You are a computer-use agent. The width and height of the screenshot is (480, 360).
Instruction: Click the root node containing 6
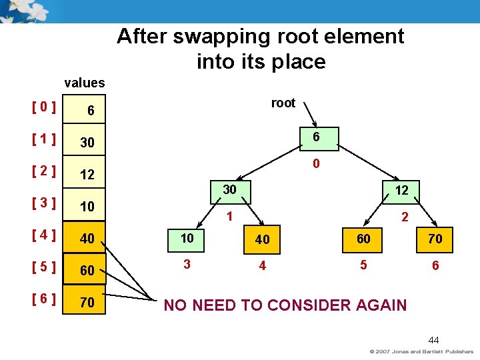click(x=316, y=137)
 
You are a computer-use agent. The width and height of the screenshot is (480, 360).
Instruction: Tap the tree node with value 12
click(x=401, y=191)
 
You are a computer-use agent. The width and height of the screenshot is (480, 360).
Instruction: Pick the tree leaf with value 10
click(x=187, y=238)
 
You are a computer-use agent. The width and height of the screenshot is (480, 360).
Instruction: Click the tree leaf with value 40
click(x=263, y=239)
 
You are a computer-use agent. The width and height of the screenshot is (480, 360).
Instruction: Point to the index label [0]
click(x=42, y=106)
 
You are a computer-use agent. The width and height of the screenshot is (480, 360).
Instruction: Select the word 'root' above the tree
click(x=283, y=103)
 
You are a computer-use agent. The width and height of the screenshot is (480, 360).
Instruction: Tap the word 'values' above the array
click(x=85, y=83)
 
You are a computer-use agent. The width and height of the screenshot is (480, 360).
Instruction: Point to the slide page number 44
click(x=433, y=340)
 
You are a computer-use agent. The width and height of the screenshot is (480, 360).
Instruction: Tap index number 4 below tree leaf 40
click(x=263, y=266)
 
